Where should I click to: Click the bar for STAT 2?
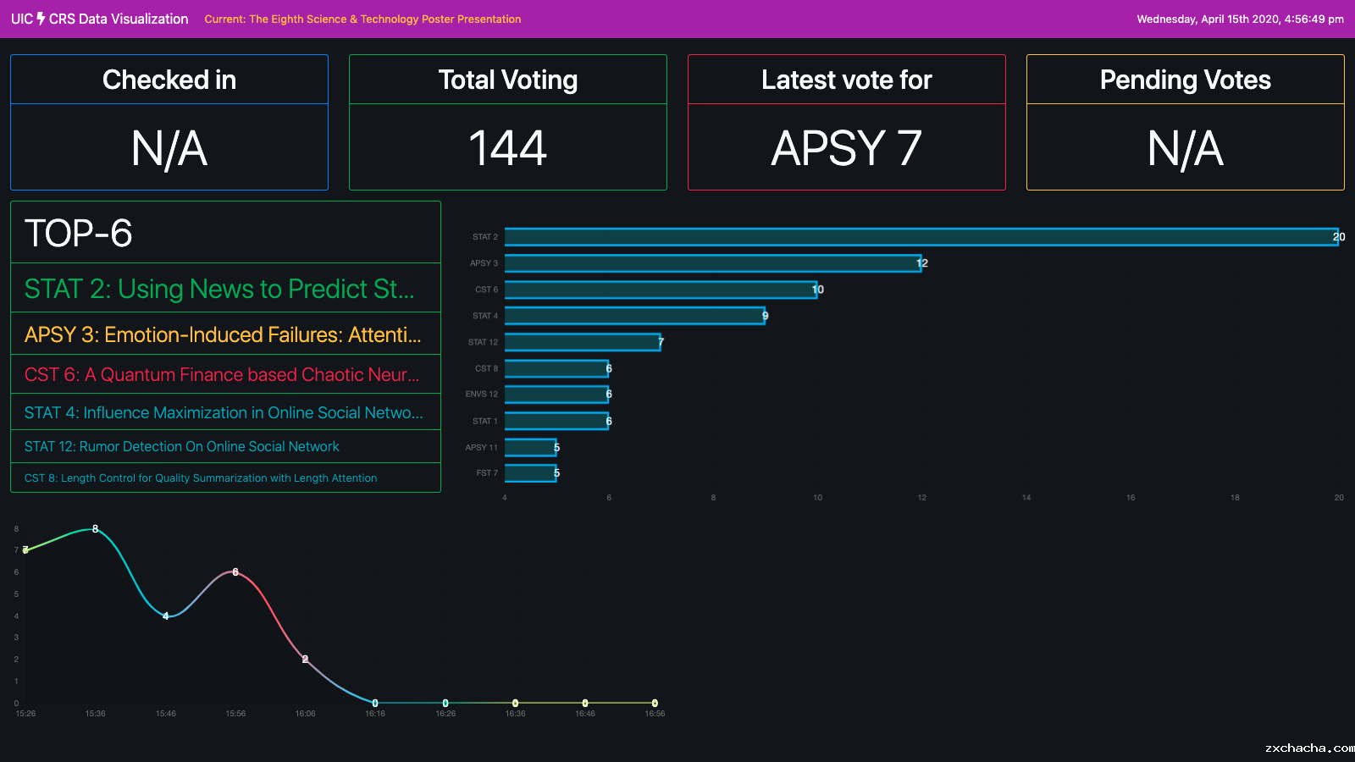[x=921, y=237]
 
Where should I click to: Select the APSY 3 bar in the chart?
[x=712, y=263]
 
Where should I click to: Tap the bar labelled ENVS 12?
[x=556, y=395]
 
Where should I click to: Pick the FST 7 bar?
[x=530, y=473]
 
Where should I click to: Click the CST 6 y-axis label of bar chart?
[x=486, y=290]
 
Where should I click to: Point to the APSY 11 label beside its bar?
[x=481, y=447]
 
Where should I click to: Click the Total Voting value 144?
[x=508, y=148]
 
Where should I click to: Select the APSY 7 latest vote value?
[x=847, y=148]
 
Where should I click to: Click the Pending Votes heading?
[x=1185, y=80]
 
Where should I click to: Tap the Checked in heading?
[x=169, y=80]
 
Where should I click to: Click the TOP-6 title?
[x=79, y=233]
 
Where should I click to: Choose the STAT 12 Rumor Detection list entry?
[x=181, y=446]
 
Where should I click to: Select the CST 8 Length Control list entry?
[x=201, y=478]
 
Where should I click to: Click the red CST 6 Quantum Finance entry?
[x=222, y=374]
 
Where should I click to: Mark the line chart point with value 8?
[x=96, y=529]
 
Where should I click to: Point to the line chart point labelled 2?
[x=305, y=659]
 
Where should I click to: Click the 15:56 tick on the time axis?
[x=235, y=714]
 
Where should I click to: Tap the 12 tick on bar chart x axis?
[x=921, y=498]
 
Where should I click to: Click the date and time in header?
[x=1240, y=19]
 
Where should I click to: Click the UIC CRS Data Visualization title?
[x=100, y=19]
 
